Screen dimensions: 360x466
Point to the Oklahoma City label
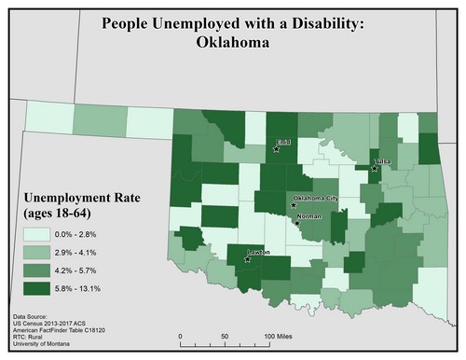tap(315, 199)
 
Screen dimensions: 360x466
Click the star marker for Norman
tap(296, 222)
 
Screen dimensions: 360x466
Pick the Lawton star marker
tap(247, 259)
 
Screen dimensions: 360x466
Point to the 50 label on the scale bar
tap(226, 333)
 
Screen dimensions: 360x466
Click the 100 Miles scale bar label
tap(281, 333)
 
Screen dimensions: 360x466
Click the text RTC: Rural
tap(32, 341)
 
